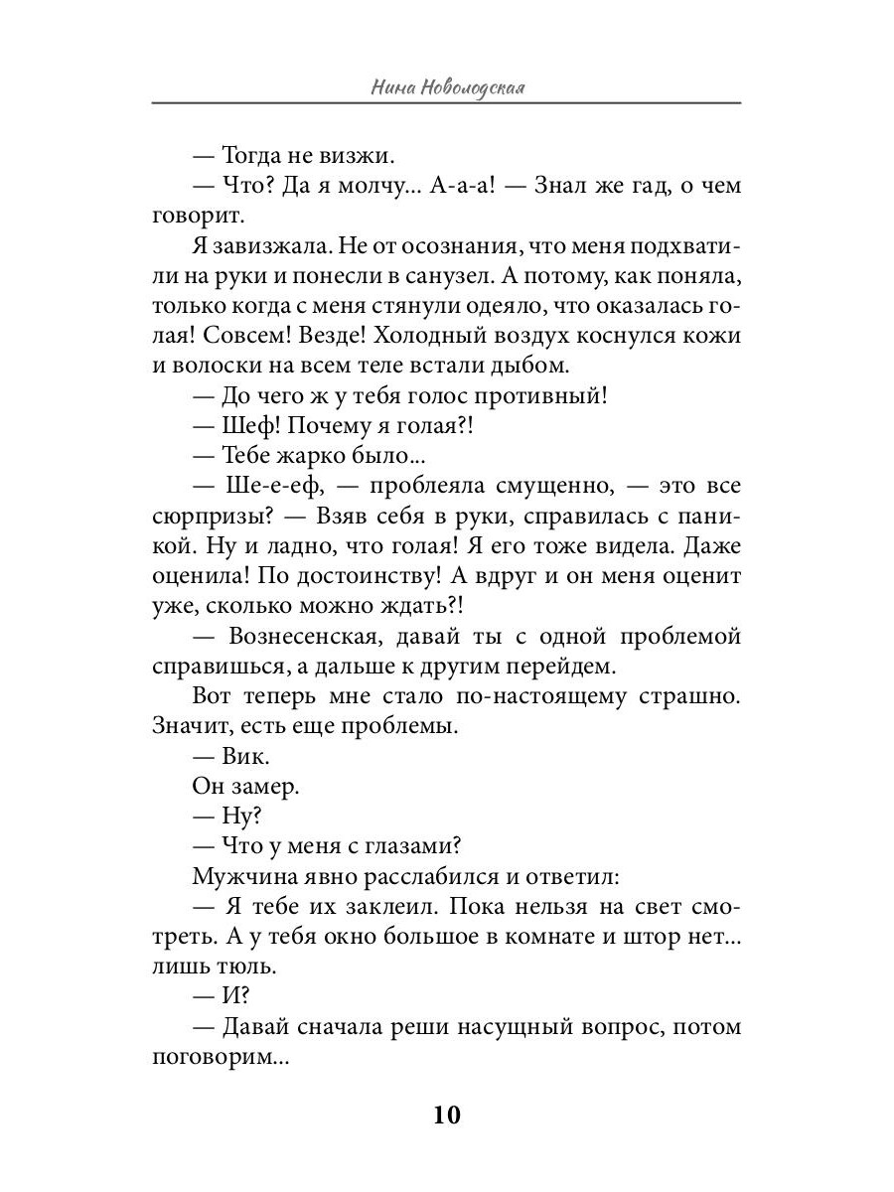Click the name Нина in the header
click(391, 87)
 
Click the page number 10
click(446, 1115)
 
